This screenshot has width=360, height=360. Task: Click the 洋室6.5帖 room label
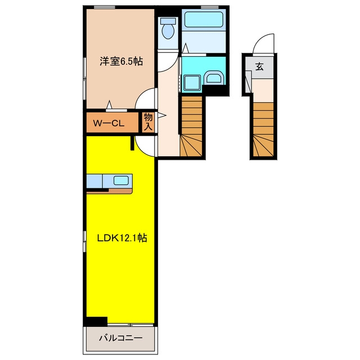pyautogui.click(x=121, y=61)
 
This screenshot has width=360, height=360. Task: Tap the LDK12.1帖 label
pyautogui.click(x=122, y=238)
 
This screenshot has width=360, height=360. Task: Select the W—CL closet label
pyautogui.click(x=109, y=123)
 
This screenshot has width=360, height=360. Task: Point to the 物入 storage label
pyautogui.click(x=148, y=122)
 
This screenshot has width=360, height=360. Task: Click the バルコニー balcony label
pyautogui.click(x=121, y=338)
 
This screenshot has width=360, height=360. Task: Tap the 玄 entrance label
pyautogui.click(x=259, y=66)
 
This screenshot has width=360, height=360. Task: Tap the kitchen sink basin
pyautogui.click(x=121, y=181)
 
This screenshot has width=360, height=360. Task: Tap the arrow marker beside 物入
pyautogui.click(x=161, y=115)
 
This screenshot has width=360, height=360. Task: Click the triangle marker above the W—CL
pyautogui.click(x=109, y=105)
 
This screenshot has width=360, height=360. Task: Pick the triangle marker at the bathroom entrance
pyautogui.click(x=185, y=48)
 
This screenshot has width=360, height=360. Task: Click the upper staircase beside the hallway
pyautogui.click(x=191, y=126)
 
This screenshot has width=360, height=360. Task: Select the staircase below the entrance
pyautogui.click(x=263, y=130)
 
